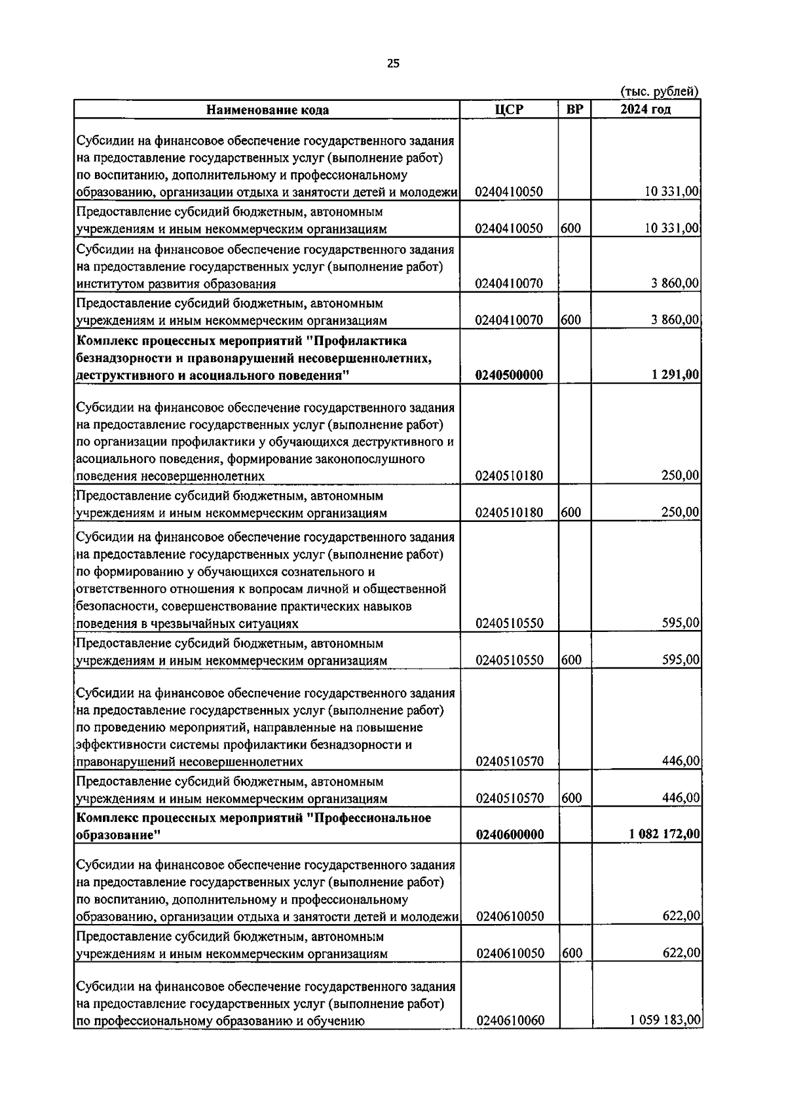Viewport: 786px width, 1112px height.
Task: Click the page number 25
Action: pyautogui.click(x=393, y=64)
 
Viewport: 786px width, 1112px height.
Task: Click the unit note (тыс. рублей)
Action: pyautogui.click(x=660, y=92)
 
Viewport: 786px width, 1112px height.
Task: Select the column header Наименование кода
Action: pyautogui.click(x=267, y=109)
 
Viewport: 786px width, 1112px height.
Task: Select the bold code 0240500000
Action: pyautogui.click(x=510, y=375)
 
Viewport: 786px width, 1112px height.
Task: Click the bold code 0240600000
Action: pyautogui.click(x=510, y=834)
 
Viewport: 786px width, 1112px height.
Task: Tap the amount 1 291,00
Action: pyautogui.click(x=675, y=375)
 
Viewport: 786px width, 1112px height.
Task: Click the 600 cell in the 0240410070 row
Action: pyautogui.click(x=571, y=320)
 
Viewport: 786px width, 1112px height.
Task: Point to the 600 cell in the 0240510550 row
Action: pyautogui.click(x=571, y=660)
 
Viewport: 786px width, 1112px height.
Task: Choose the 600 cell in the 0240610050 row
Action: pyautogui.click(x=571, y=953)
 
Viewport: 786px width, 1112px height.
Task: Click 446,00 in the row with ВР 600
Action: pyautogui.click(x=681, y=798)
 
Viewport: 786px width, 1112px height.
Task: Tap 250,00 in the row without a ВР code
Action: pyautogui.click(x=681, y=475)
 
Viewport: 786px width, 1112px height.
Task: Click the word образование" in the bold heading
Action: pyautogui.click(x=118, y=836)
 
